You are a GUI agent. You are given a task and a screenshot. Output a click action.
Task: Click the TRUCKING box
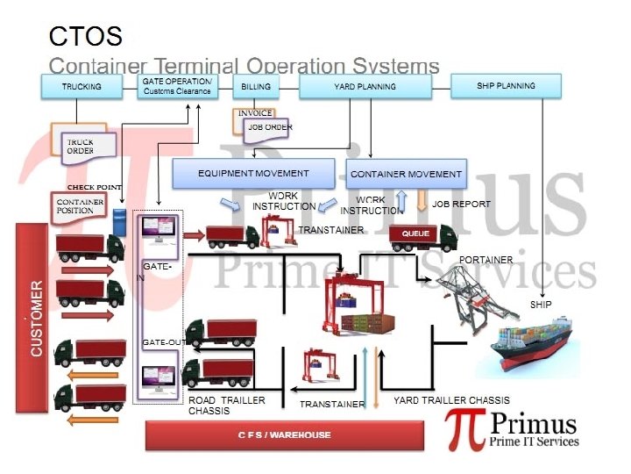coord(82,87)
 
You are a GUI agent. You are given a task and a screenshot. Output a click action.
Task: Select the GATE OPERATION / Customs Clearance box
coord(177,87)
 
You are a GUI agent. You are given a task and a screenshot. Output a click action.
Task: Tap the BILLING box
coord(256,87)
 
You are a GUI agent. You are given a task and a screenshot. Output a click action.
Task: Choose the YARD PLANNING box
coord(365,87)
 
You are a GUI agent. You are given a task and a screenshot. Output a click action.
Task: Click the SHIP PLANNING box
coord(506,86)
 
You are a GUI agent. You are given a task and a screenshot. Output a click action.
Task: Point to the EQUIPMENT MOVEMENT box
coord(253,173)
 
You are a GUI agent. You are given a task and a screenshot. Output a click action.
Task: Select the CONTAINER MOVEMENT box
coord(406,174)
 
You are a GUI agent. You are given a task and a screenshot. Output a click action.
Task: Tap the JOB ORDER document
coord(269,127)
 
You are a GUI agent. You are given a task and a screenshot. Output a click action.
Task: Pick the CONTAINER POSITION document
coord(80,206)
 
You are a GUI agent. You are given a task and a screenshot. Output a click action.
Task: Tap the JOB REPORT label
coord(462,204)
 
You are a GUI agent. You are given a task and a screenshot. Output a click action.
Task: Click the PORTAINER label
coord(486,260)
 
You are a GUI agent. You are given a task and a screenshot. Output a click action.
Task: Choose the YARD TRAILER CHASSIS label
coord(451,400)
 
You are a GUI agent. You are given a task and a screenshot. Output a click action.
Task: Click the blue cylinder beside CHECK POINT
coord(120,219)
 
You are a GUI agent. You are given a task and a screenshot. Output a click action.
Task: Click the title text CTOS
coord(85,37)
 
